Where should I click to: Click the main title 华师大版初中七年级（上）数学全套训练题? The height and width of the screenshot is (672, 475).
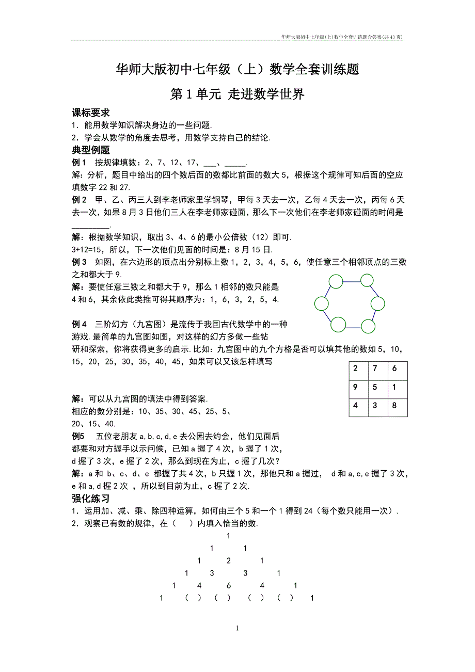point(237,69)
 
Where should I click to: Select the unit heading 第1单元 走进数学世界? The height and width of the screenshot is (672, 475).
point(237,94)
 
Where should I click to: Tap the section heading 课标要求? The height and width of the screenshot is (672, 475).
point(90,113)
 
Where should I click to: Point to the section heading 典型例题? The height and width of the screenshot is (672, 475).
point(90,151)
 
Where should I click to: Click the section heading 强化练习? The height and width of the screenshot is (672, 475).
point(90,499)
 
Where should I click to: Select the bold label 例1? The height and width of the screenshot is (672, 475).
point(79,163)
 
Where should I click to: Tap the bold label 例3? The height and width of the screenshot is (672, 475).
point(79,262)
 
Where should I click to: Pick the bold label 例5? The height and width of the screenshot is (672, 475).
point(79,436)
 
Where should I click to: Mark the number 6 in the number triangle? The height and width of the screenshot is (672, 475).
point(229,586)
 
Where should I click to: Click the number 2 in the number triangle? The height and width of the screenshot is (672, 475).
point(229,561)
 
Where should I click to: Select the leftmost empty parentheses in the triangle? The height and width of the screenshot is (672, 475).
point(193,599)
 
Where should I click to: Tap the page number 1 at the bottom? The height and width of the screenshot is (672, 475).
point(237,628)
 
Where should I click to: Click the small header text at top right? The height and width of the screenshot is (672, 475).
point(342,37)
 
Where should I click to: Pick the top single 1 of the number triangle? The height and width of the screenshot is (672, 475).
point(229,536)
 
